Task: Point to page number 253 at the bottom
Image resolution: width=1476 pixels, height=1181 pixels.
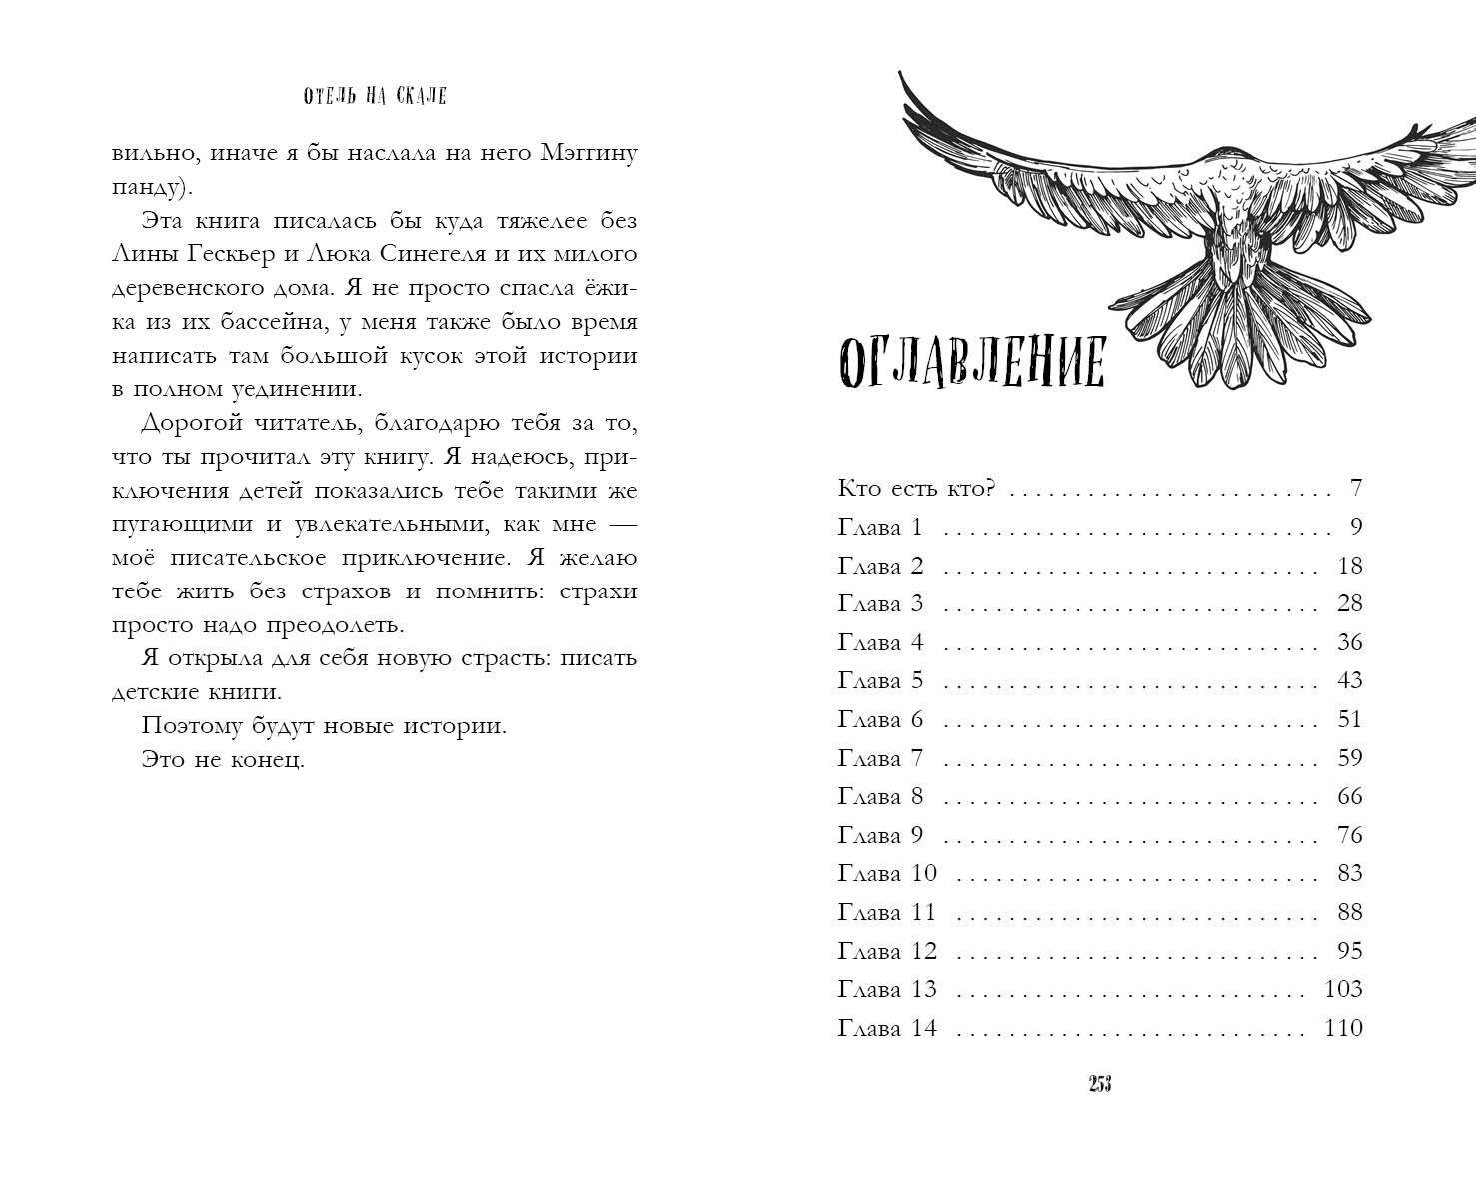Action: point(1100,1086)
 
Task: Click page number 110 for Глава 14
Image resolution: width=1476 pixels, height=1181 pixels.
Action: point(1343,1028)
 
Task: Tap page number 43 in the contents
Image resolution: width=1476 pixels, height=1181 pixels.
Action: point(1349,681)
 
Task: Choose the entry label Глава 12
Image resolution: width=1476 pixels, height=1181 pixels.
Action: point(887,951)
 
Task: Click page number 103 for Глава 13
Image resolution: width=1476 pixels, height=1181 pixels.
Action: point(1342,989)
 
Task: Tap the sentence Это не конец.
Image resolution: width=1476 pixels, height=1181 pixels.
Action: point(223,760)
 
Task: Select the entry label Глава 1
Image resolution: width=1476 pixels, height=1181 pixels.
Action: point(880,528)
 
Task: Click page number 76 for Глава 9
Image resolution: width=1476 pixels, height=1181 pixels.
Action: point(1349,835)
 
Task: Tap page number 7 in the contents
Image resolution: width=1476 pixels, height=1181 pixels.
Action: point(1355,489)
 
